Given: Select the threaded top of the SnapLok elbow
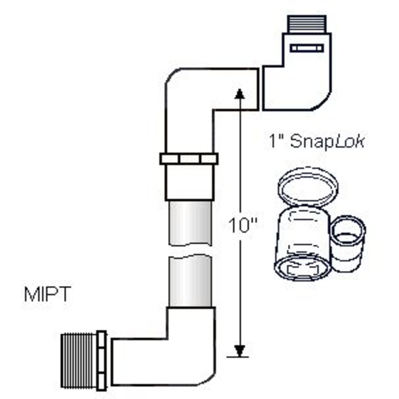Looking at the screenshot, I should [x=306, y=24].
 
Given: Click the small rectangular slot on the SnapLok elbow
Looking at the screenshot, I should [x=306, y=48].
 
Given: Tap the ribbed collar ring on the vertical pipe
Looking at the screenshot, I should [x=189, y=159].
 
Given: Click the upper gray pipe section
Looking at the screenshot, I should [x=189, y=223].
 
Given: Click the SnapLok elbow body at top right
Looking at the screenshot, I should [x=299, y=83].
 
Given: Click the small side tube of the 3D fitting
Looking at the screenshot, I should [x=349, y=239].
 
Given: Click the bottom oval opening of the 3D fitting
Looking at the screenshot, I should [x=301, y=269].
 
